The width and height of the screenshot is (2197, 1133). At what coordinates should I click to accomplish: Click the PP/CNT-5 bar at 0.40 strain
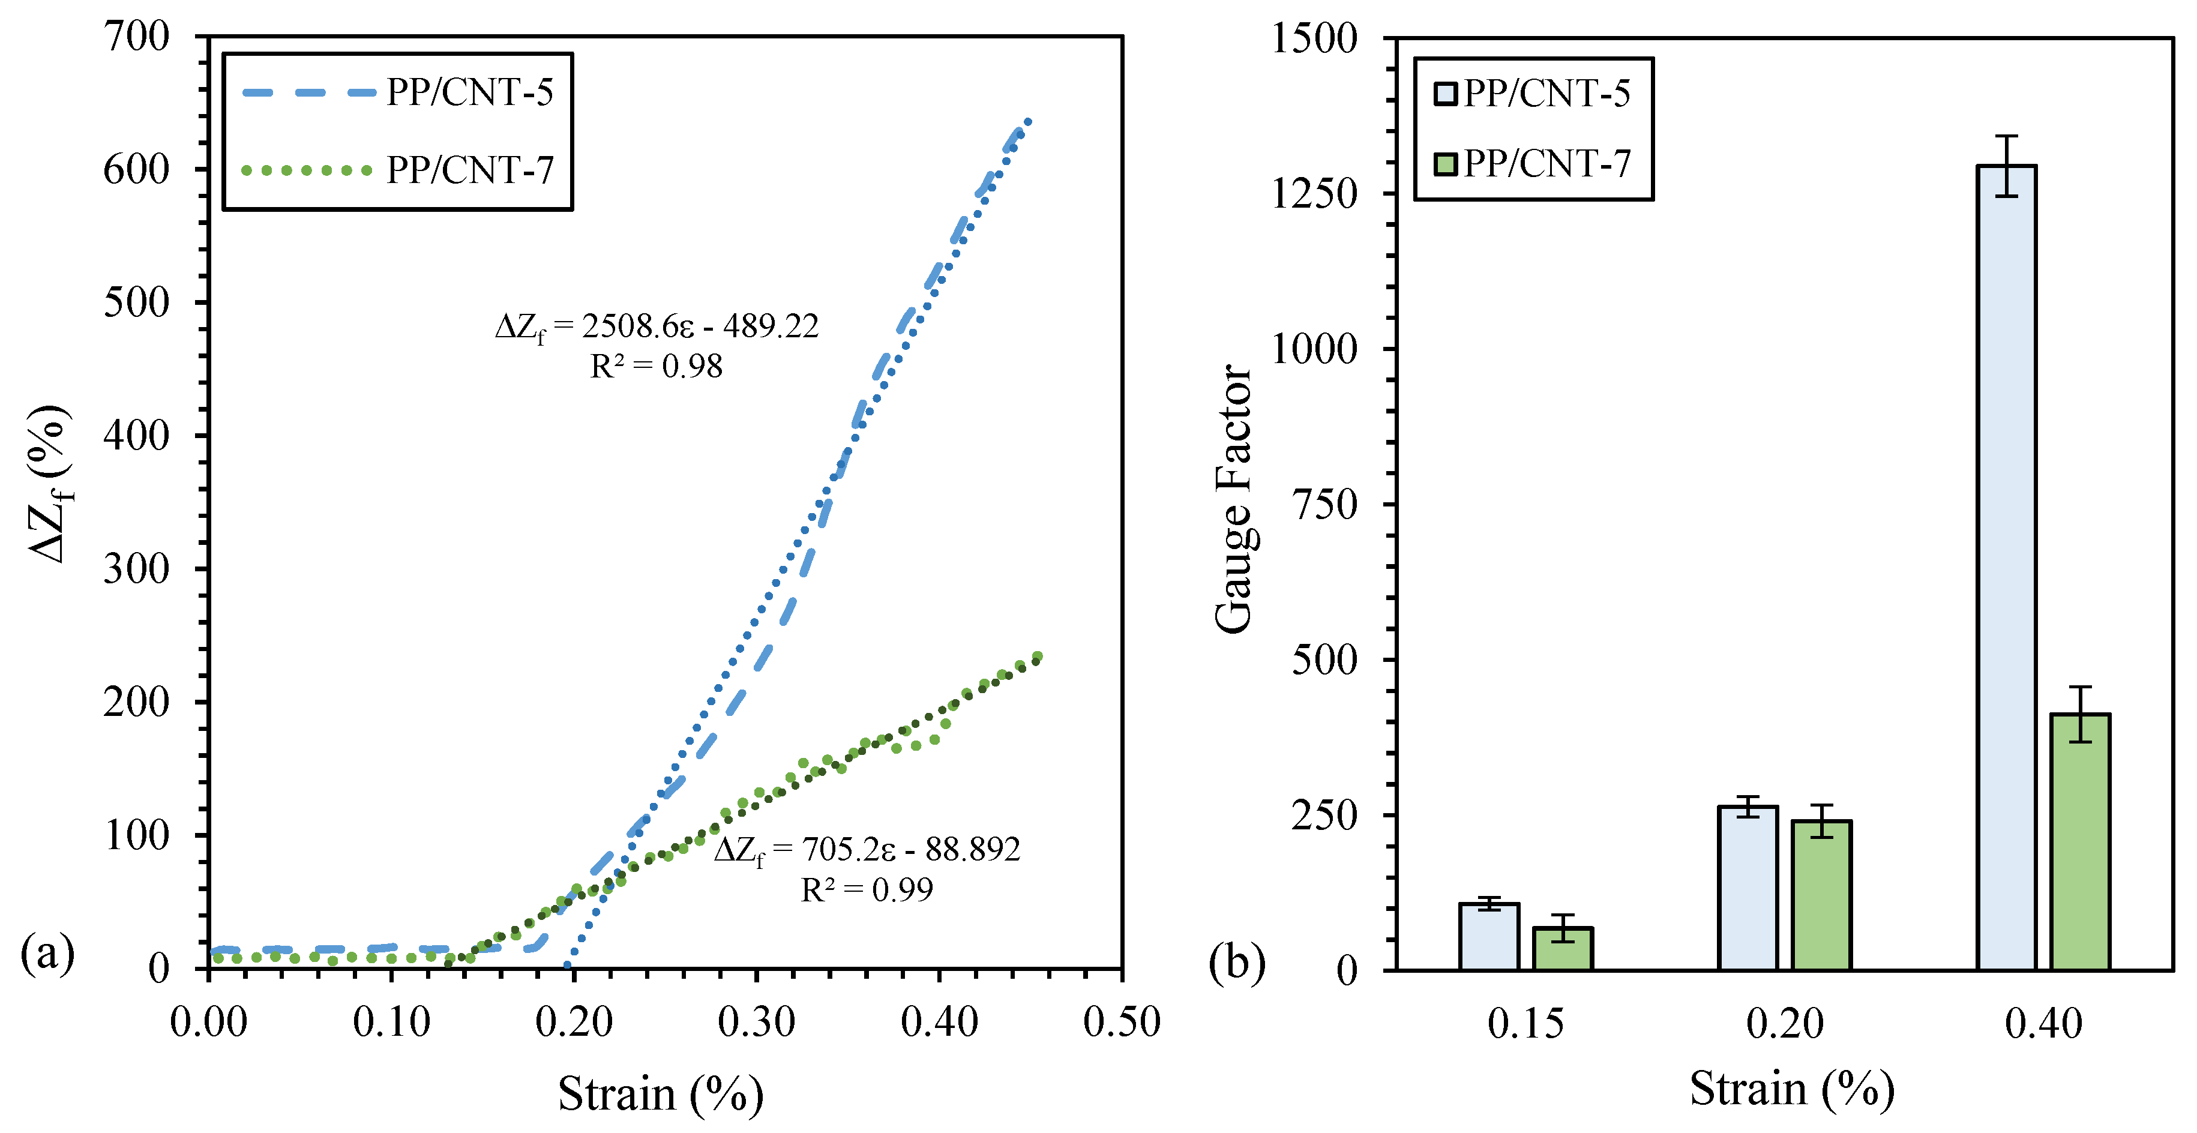2006,567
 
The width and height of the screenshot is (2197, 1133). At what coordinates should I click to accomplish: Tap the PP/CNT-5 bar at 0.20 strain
1748,888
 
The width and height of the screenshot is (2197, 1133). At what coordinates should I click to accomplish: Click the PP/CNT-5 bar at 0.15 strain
1489,936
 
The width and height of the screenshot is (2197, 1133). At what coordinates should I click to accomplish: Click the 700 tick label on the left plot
136,37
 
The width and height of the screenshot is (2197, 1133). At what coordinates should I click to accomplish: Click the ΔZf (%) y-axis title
49,484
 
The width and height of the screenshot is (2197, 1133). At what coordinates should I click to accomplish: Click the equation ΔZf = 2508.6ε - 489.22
657,326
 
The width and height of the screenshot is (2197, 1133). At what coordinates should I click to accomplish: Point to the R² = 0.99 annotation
867,890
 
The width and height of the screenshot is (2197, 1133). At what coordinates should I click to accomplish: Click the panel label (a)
48,952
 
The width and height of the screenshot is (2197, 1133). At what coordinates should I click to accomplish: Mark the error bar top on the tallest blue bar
2006,136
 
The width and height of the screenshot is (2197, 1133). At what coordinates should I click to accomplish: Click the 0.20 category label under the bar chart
1784,1023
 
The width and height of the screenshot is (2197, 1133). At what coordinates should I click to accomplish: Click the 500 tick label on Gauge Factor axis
1324,660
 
